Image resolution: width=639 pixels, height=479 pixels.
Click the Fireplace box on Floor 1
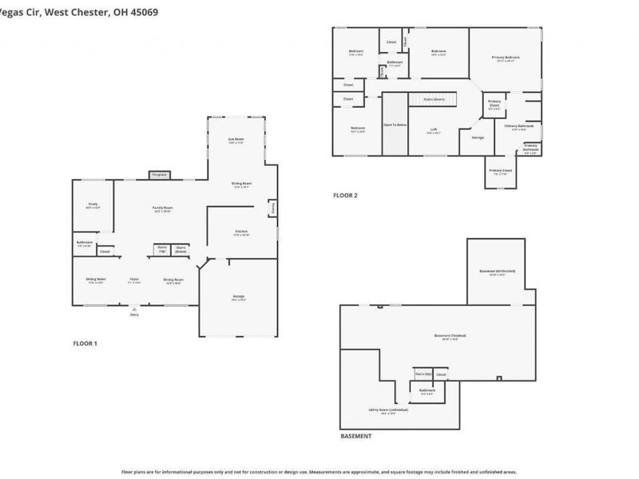point(159,174)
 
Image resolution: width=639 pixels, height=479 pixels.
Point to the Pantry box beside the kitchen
point(272,208)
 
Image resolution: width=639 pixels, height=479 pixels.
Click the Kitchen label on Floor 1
point(242,234)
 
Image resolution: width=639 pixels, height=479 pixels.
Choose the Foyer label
point(134,280)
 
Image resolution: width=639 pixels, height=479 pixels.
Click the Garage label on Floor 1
point(238,299)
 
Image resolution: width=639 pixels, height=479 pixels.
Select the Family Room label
point(163,209)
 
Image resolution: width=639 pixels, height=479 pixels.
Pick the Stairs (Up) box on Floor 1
point(161,250)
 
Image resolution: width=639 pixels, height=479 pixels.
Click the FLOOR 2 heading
point(345,196)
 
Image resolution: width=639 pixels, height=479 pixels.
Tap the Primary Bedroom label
point(505,58)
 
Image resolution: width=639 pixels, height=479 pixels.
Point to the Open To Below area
point(395,125)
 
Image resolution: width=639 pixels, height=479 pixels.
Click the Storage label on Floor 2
point(478,137)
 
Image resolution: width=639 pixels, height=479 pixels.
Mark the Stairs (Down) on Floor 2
point(434,99)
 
